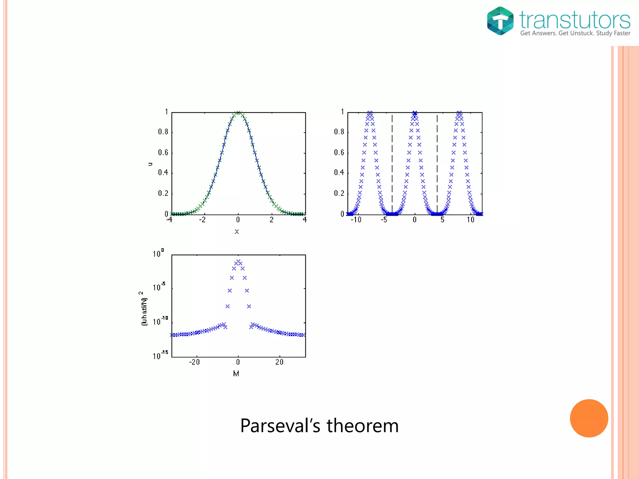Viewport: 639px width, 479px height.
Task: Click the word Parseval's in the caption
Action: [x=280, y=426]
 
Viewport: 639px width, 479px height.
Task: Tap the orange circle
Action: [x=589, y=418]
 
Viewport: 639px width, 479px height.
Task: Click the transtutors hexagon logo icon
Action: [x=500, y=21]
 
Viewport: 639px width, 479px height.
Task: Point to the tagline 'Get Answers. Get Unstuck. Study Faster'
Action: [x=575, y=33]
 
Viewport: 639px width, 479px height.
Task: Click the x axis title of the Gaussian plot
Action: [x=237, y=232]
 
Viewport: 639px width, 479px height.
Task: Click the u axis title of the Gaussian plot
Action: [x=150, y=164]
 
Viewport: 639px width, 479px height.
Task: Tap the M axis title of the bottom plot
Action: [x=236, y=374]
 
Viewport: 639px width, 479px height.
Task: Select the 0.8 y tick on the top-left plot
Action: [x=163, y=132]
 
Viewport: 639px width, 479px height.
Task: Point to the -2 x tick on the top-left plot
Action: [x=202, y=220]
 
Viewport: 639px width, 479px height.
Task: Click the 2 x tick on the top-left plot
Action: [x=271, y=220]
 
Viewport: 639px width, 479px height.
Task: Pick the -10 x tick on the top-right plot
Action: [x=356, y=220]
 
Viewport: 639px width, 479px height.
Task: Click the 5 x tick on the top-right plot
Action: [x=442, y=220]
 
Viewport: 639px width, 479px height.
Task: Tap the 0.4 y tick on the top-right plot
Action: [x=339, y=172]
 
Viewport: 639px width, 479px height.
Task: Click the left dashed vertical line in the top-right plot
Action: [x=392, y=162]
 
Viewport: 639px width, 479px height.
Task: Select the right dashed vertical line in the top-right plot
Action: [x=437, y=162]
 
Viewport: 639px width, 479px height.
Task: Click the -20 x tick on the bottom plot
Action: [x=194, y=362]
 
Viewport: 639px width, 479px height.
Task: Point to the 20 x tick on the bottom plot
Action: [x=279, y=362]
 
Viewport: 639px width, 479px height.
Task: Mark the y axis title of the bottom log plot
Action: [x=143, y=309]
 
